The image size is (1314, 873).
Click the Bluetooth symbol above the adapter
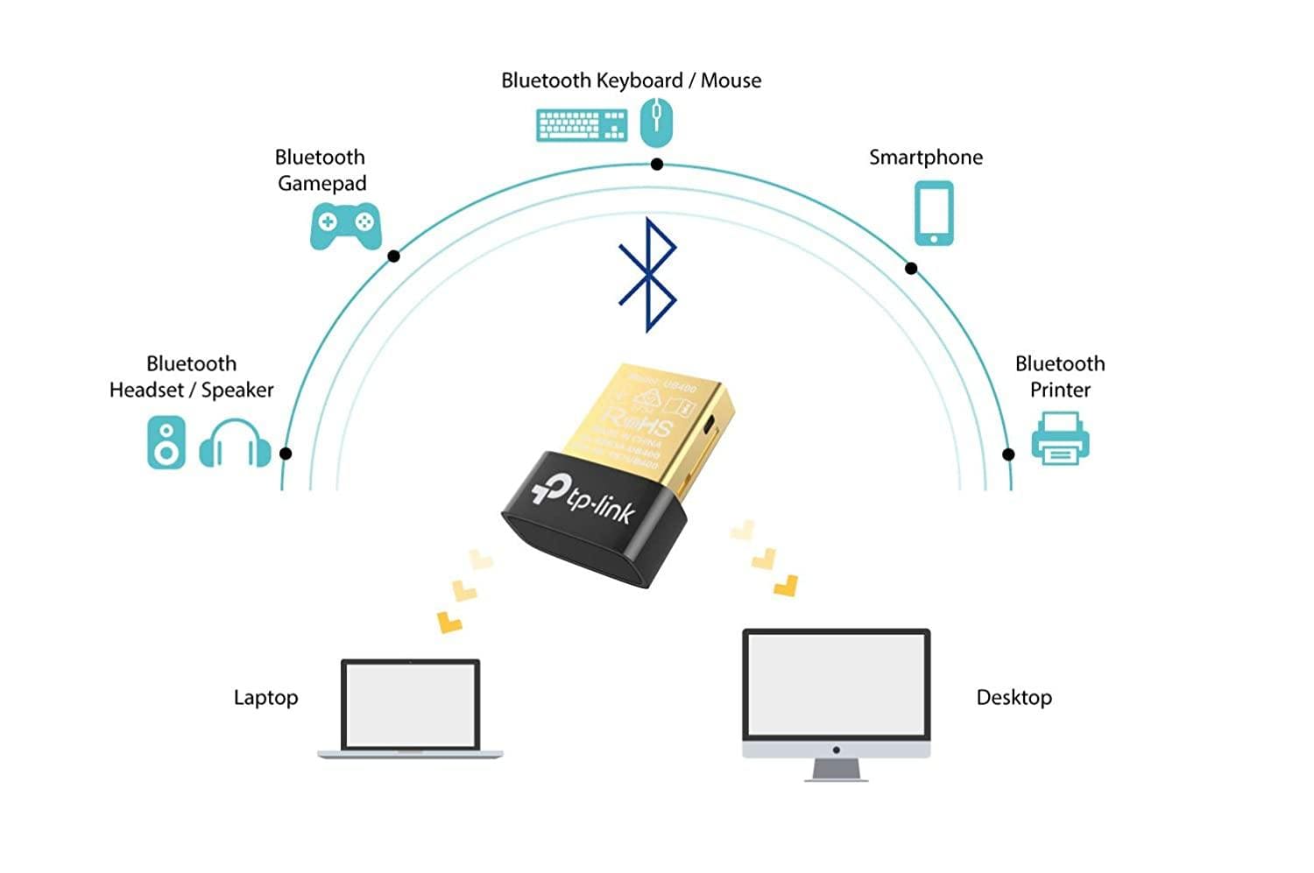click(647, 275)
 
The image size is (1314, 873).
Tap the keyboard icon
click(581, 124)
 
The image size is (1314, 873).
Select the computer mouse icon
click(656, 122)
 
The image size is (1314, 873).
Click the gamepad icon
click(345, 226)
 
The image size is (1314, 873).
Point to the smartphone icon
click(934, 213)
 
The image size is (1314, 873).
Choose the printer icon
click(1060, 438)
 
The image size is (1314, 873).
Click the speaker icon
click(166, 442)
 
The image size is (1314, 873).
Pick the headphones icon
click(235, 444)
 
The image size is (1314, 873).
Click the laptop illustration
click(410, 708)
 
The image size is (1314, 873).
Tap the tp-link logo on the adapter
click(583, 498)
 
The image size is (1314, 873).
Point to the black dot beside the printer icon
click(1008, 454)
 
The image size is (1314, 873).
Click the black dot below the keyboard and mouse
click(657, 165)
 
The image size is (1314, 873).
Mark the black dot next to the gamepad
click(394, 257)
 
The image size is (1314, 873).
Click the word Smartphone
click(925, 158)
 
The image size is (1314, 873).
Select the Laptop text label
click(265, 698)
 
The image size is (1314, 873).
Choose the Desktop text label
click(1014, 698)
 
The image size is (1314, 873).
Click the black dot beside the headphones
click(286, 454)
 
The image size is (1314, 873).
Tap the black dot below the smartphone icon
click(911, 269)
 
